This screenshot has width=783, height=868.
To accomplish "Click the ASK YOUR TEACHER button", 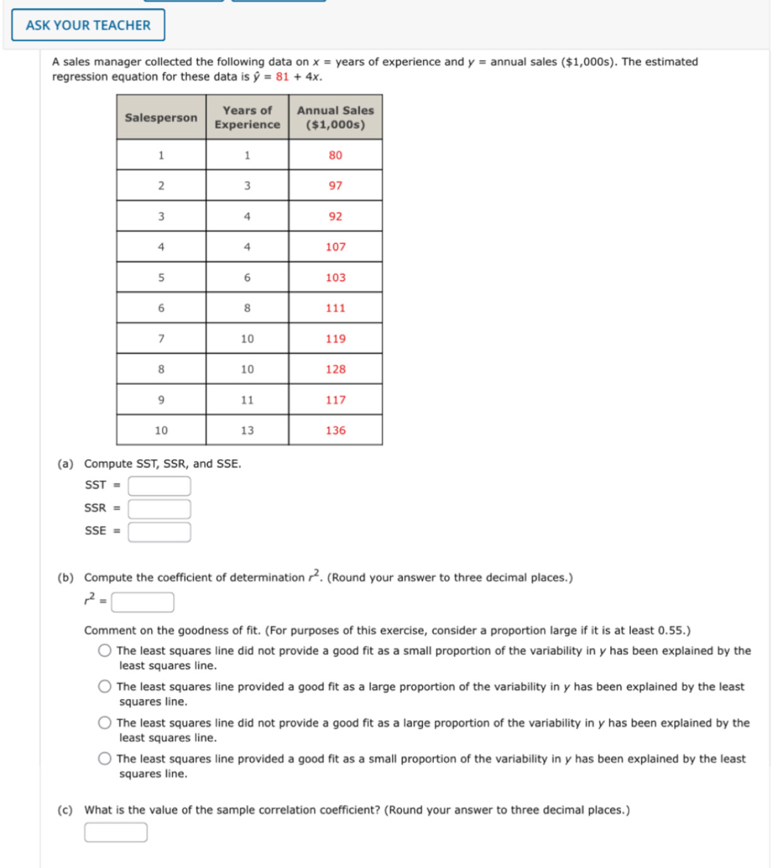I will (88, 25).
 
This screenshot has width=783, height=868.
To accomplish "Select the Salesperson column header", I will (161, 117).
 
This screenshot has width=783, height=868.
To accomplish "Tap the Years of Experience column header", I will (247, 117).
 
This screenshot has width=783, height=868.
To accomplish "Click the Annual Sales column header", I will (335, 117).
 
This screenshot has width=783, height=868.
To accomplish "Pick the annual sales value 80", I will (335, 155).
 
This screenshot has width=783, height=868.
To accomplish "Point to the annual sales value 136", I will (335, 430).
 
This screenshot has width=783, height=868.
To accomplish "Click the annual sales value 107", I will (335, 247).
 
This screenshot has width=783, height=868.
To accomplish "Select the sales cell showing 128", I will (335, 369).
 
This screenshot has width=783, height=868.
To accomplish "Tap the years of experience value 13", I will (247, 430).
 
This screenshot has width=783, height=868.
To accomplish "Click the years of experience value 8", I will (247, 308).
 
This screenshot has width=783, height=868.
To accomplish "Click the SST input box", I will (159, 486).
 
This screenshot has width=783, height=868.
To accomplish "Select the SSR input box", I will (159, 508).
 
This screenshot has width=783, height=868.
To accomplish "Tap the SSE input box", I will (159, 532).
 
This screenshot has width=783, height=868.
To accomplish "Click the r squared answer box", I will (142, 602).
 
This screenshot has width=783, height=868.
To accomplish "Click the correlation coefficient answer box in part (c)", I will (116, 832).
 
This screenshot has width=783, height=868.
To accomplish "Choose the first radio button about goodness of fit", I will (105, 650).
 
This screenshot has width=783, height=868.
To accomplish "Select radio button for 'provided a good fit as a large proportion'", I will (105, 686).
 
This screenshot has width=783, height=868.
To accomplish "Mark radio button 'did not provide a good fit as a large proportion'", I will (105, 723).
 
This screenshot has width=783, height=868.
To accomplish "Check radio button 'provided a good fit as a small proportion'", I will (105, 759).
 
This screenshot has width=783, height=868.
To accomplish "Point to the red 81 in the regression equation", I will (282, 77).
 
